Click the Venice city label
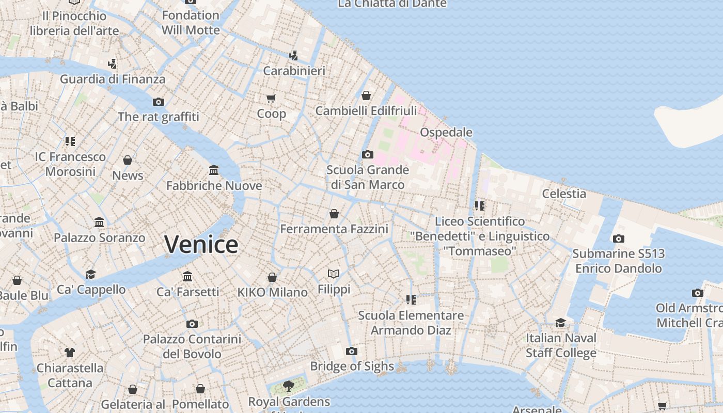(x=201, y=244)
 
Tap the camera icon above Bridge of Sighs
(x=352, y=352)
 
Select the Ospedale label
(x=446, y=132)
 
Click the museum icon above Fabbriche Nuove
(x=214, y=170)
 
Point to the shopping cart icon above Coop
(x=271, y=98)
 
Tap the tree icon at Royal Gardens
(x=289, y=386)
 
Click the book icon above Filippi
(x=334, y=274)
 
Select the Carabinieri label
(x=294, y=71)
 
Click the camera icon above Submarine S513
(x=618, y=239)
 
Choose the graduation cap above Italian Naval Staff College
(x=560, y=323)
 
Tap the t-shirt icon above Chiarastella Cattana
(x=70, y=353)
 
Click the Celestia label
(x=564, y=194)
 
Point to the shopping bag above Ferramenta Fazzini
(x=334, y=213)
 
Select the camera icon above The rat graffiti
(x=159, y=102)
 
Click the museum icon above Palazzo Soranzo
(x=99, y=223)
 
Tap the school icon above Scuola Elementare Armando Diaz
(x=411, y=300)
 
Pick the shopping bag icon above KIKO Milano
(x=272, y=277)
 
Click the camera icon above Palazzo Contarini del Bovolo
(x=192, y=324)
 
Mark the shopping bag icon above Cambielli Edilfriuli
(x=366, y=96)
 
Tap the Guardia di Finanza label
(x=113, y=79)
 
